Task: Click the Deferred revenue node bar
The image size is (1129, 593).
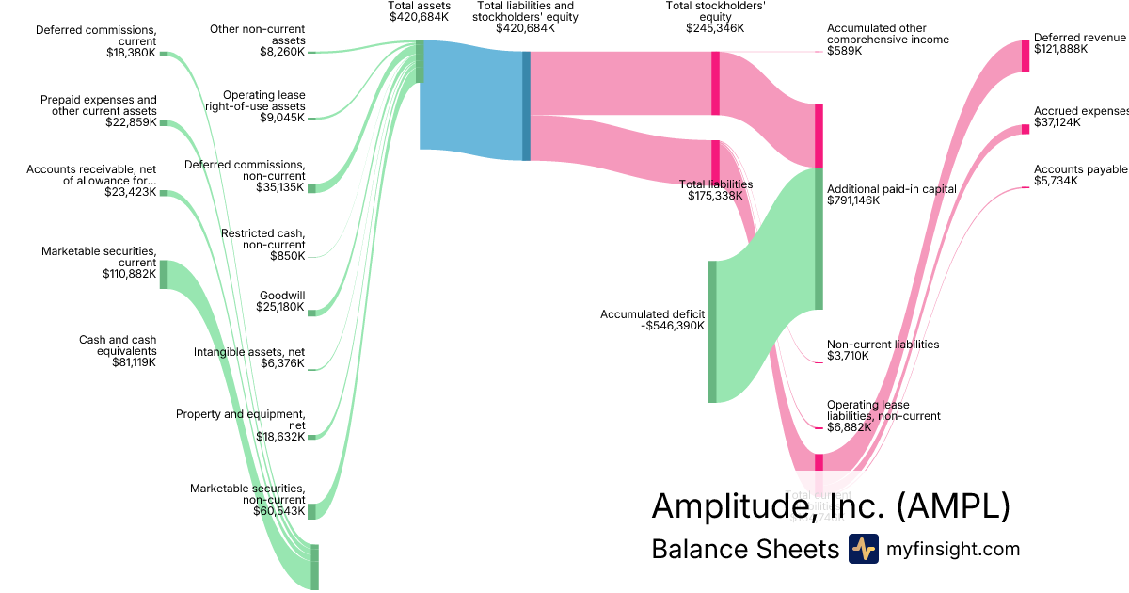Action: (x=1026, y=56)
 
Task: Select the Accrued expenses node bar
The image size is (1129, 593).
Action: (x=1026, y=129)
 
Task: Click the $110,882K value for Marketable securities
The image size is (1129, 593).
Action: (x=130, y=274)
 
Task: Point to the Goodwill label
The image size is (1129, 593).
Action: (x=282, y=295)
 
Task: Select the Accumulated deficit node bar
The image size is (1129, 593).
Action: (x=712, y=331)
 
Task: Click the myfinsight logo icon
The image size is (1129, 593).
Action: (x=863, y=549)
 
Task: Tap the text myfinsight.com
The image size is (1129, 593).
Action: (x=953, y=550)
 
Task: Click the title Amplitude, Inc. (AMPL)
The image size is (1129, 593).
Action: (x=830, y=506)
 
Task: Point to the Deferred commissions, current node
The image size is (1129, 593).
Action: (x=164, y=54)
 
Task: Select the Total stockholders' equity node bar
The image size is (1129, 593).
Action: (x=715, y=83)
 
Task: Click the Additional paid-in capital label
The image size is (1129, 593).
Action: (x=891, y=189)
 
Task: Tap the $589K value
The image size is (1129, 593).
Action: (x=844, y=51)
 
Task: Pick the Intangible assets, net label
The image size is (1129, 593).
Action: (x=249, y=352)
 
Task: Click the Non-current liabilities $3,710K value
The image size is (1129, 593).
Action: (x=848, y=357)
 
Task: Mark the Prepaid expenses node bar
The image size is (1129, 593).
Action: (x=164, y=123)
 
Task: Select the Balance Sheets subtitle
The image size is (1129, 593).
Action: (x=744, y=550)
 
